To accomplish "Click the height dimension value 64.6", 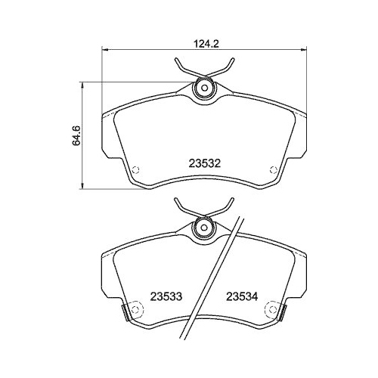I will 76,135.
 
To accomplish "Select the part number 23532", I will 204,163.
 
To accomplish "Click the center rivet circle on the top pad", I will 203,89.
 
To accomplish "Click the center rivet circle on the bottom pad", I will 203,225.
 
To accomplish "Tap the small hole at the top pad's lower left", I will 136,169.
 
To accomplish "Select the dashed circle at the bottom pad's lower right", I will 273,308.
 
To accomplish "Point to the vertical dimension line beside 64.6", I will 83,136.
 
